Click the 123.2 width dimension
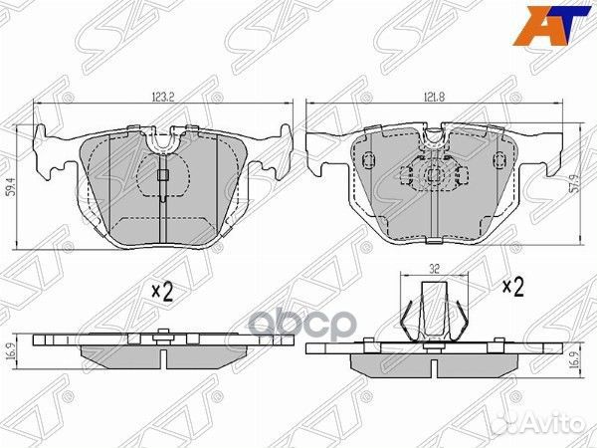tap(163, 98)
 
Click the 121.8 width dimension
tap(434, 97)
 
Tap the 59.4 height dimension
tap(12, 187)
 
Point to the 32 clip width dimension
tap(435, 270)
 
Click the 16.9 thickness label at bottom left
tap(11, 353)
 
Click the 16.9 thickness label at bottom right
tap(586, 359)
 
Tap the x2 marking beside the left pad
tap(162, 292)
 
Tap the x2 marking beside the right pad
tap(512, 288)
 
